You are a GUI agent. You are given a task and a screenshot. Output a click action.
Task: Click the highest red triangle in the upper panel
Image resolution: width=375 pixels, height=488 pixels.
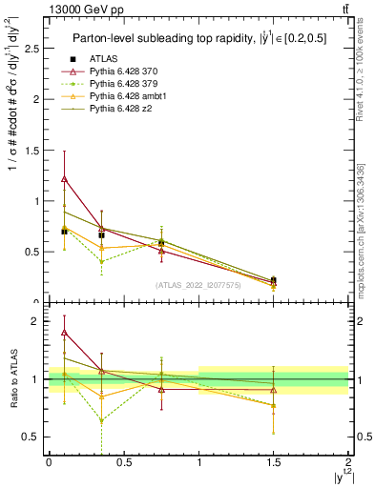[64, 178]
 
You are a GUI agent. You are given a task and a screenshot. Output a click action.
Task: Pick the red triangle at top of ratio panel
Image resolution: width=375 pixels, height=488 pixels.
[64, 333]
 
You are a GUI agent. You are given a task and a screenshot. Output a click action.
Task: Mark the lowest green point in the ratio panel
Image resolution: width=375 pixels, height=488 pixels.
[101, 419]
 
